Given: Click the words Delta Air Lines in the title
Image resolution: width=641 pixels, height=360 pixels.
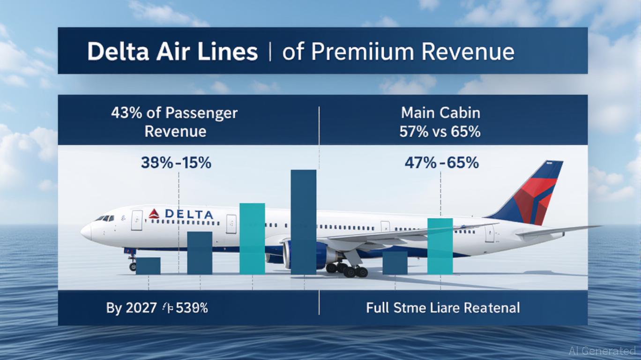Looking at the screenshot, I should (x=172, y=52).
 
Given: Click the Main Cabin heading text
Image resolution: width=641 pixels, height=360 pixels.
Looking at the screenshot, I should (x=440, y=113).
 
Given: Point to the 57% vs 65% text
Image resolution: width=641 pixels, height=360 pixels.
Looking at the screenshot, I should (x=440, y=131).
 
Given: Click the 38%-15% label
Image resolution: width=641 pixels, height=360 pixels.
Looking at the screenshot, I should (x=176, y=163).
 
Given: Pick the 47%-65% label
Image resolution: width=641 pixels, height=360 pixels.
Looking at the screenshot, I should (x=441, y=163).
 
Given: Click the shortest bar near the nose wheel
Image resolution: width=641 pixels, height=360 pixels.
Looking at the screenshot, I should (x=148, y=265).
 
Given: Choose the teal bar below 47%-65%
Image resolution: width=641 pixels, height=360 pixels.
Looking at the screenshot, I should (x=440, y=246).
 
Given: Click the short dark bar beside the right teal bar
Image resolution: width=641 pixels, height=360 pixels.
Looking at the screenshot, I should (x=395, y=262).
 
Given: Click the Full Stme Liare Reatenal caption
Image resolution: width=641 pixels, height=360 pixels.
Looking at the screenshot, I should (x=443, y=308).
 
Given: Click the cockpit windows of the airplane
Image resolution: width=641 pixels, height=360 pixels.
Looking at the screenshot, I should (x=105, y=218).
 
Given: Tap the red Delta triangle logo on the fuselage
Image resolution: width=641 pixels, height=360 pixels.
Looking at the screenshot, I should (x=154, y=214).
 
